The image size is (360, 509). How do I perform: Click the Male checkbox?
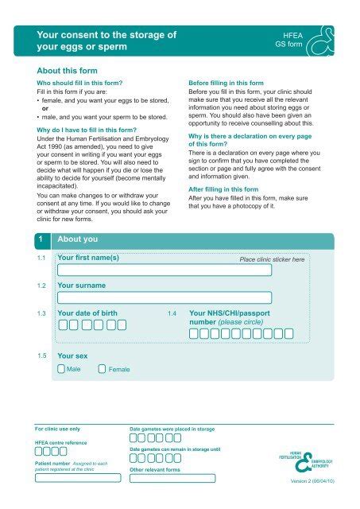pyautogui.click(x=62, y=369)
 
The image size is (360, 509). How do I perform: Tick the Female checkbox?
pyautogui.click(x=101, y=369)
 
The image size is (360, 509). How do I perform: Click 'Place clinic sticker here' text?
pyautogui.click(x=272, y=260)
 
